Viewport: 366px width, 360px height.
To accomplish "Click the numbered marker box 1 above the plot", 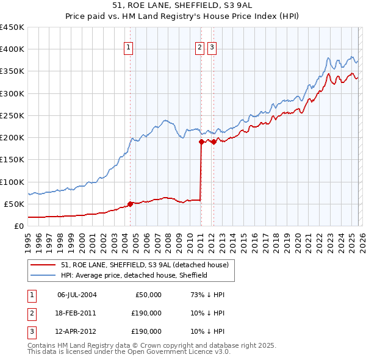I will pyautogui.click(x=129, y=48).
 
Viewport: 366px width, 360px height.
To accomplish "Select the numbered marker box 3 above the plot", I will pyautogui.click(x=212, y=48).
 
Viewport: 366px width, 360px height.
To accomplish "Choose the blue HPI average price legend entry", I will pyautogui.click(x=134, y=275).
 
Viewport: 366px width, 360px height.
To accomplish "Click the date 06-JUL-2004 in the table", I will pyautogui.click(x=76, y=295).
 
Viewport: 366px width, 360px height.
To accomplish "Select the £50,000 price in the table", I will pyautogui.click(x=147, y=295).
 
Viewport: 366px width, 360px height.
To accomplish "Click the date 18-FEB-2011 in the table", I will pyautogui.click(x=76, y=313).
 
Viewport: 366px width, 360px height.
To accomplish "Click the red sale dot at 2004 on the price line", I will pyautogui.click(x=130, y=204).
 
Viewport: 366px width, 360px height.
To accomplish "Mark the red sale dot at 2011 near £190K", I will pyautogui.click(x=201, y=142).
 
